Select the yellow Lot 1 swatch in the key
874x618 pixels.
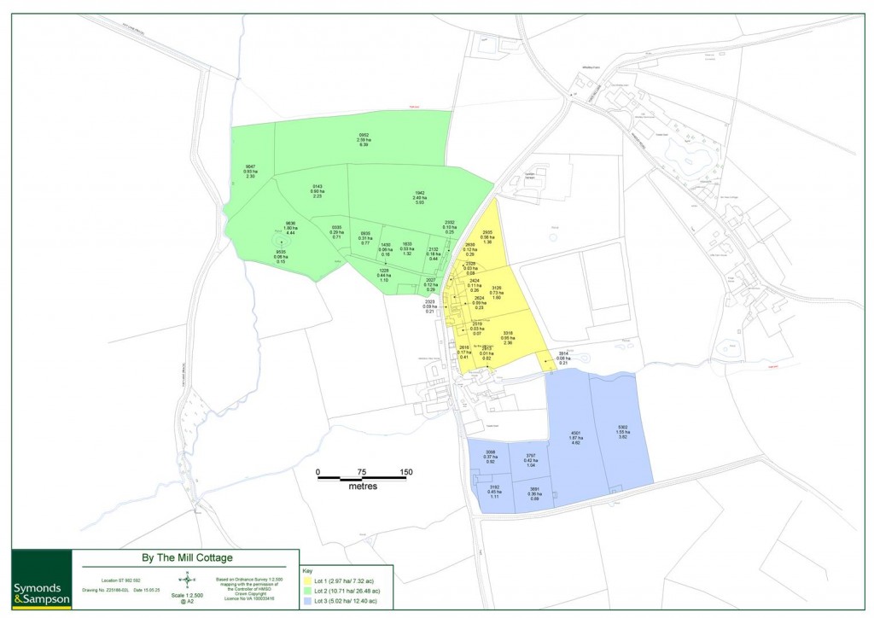(x=309, y=580)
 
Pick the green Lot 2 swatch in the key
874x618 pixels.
(x=309, y=592)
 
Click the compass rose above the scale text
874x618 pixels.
(x=187, y=579)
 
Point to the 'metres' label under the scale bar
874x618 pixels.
(x=363, y=487)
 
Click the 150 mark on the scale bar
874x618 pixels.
(x=405, y=471)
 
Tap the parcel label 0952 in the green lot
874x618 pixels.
(x=364, y=135)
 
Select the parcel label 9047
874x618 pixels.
(x=250, y=166)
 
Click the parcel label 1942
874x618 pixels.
(x=419, y=193)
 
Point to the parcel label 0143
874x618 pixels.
(x=317, y=186)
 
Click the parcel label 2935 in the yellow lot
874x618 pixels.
(x=487, y=232)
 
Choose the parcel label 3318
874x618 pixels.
(x=507, y=333)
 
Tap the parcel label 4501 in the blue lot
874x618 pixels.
(x=575, y=434)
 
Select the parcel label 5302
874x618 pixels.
(x=622, y=427)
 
